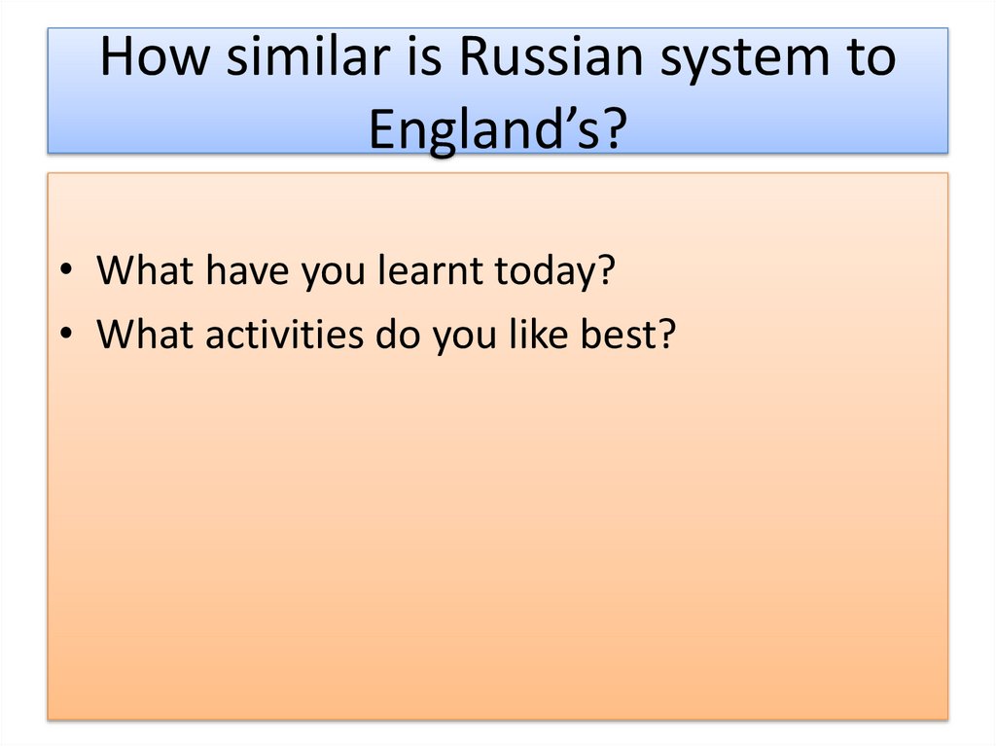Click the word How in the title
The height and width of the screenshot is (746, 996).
(x=155, y=59)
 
